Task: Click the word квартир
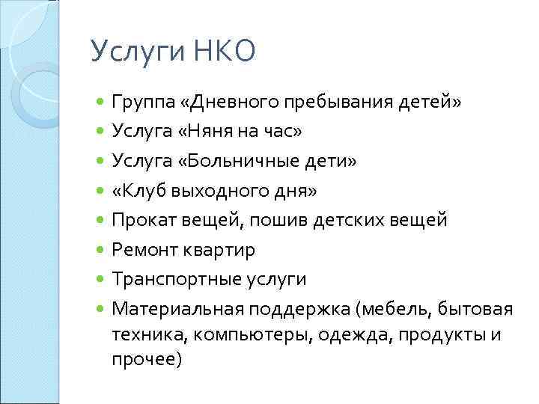pyautogui.click(x=224, y=250)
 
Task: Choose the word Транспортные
pyautogui.click(x=174, y=280)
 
